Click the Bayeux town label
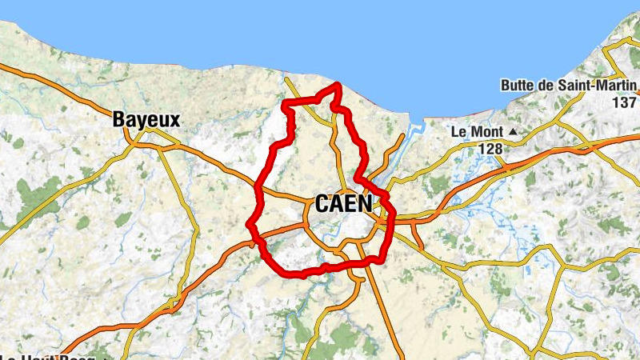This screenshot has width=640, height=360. [146, 120]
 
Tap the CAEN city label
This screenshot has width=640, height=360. [344, 204]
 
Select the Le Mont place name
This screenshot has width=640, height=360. [477, 131]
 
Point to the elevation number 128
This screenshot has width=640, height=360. [491, 149]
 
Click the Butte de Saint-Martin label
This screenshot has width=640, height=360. [568, 86]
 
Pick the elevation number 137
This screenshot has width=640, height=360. [625, 102]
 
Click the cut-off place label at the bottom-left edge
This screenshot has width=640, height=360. [48, 356]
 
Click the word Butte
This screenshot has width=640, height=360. [520, 86]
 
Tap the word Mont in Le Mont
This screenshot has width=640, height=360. [486, 131]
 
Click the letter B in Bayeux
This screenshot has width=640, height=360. [118, 120]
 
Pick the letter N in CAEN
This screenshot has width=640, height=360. [365, 204]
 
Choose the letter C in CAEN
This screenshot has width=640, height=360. [322, 204]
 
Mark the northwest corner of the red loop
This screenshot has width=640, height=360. [286, 103]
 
